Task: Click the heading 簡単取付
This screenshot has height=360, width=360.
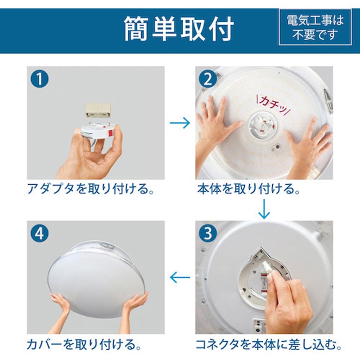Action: coord(179,29)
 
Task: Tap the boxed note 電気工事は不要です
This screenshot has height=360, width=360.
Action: coord(315,27)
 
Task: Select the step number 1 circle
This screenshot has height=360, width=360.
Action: coord(40,79)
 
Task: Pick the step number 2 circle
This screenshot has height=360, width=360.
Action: coord(208,79)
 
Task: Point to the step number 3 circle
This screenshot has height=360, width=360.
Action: coord(208,233)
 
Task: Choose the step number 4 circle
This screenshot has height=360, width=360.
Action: coord(40,233)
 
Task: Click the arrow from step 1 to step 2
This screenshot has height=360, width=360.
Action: coord(180,123)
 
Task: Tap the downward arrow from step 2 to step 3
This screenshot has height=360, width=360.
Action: coord(264,209)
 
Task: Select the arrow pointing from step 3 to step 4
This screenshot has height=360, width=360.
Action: coord(180,277)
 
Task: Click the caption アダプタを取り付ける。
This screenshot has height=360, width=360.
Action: coord(90,189)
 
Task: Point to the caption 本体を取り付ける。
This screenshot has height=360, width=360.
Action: coord(249,189)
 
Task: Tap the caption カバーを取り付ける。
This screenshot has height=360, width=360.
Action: coord(84,344)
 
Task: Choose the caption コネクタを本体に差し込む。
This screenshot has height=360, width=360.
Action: coord(268,344)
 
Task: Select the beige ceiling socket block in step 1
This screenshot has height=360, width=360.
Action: coord(98,110)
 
